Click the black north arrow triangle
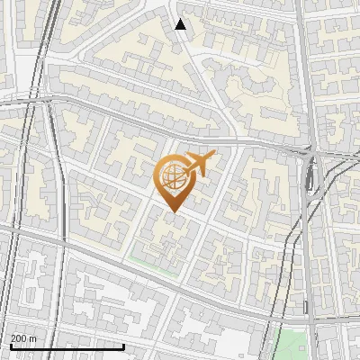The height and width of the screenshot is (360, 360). point(180,24)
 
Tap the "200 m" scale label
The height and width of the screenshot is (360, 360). point(22,338)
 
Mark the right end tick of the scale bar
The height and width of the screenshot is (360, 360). point(123,346)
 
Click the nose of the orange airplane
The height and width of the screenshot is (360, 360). point(214,157)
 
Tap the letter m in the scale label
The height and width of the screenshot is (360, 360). point(32,338)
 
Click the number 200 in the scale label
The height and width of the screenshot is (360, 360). point(18,338)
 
